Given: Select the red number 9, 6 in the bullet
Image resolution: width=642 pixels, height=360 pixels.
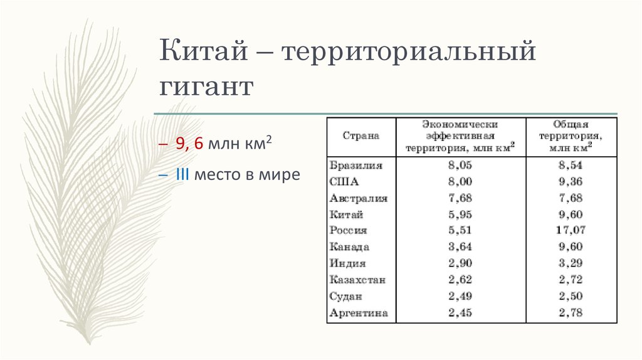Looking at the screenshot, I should [189, 144].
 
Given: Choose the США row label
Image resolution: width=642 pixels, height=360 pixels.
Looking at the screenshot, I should [342, 182].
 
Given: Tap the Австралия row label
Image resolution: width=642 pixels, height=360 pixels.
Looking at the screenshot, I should [358, 198].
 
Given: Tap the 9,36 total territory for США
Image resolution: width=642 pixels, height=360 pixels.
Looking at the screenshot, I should [569, 182].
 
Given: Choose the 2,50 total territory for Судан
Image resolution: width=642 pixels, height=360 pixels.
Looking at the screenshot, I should [569, 296].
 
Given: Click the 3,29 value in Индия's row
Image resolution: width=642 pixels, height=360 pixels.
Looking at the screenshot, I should [569, 263].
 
